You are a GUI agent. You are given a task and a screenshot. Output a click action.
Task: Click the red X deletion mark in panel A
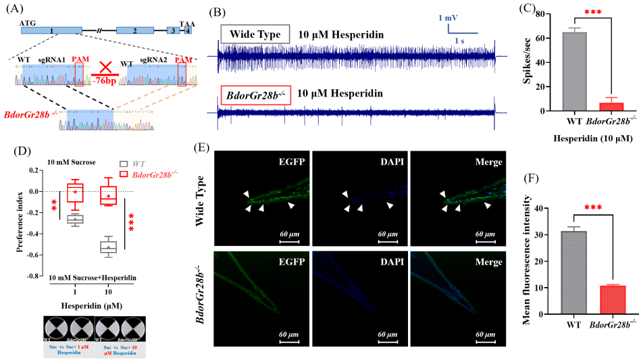click(105, 69)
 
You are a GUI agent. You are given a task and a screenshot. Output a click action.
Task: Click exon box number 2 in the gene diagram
click(135, 31)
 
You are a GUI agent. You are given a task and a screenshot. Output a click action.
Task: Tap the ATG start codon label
click(28, 22)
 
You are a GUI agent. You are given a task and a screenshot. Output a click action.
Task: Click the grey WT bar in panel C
click(573, 71)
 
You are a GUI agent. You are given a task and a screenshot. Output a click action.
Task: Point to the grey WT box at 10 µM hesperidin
click(109, 247)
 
